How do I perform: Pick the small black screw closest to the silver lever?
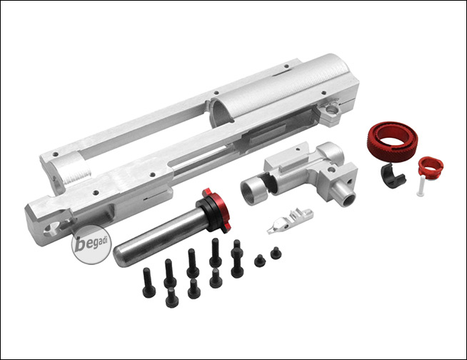tap(275, 253)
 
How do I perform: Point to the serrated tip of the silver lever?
tap(271, 229)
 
